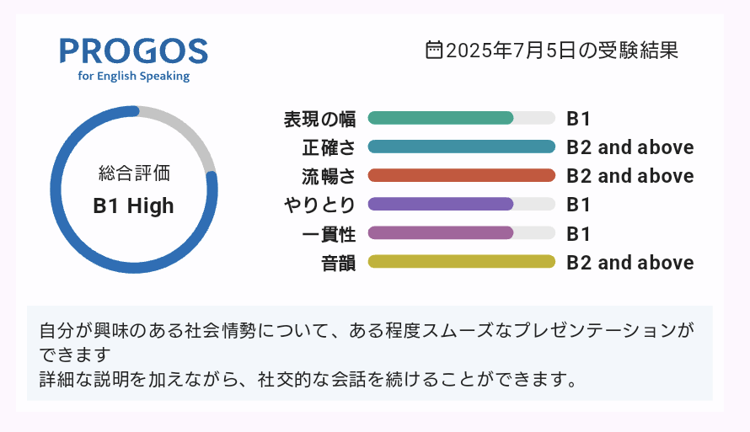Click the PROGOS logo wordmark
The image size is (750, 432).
(134, 51)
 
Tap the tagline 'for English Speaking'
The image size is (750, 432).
(134, 76)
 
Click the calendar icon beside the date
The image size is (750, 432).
(433, 51)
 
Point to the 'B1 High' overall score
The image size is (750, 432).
(133, 206)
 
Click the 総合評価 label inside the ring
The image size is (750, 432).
(134, 173)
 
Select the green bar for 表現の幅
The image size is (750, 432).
(441, 118)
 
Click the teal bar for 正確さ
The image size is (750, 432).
(462, 147)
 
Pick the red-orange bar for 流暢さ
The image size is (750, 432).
(462, 175)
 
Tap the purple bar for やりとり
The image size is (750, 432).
(441, 204)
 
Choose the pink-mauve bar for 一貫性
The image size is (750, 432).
(441, 232)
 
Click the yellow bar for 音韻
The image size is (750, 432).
(462, 261)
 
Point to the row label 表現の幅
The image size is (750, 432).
(319, 119)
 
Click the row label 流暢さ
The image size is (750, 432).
(329, 176)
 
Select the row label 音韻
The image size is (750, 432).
(338, 263)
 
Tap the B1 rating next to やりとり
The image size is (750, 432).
(578, 205)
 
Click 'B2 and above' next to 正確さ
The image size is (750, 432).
(630, 147)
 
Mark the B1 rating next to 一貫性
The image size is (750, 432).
(578, 234)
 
